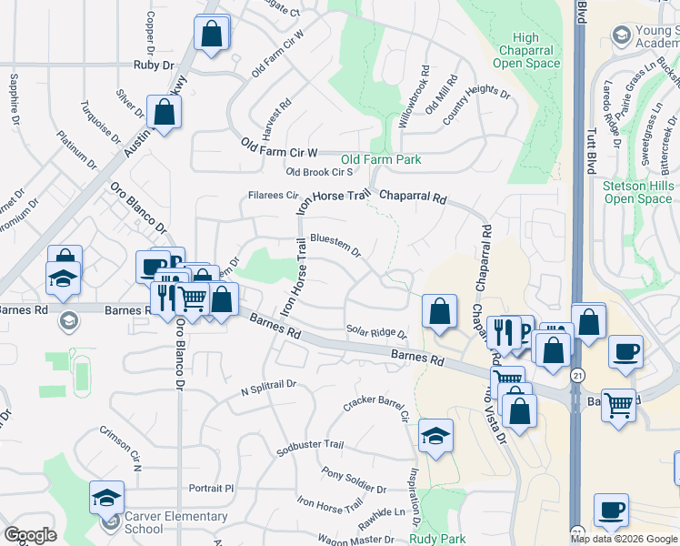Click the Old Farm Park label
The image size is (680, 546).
pos(381,159)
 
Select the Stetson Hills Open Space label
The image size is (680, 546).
pos(636,192)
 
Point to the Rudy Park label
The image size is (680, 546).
pos(437,539)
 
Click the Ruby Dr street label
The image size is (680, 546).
pos(153,65)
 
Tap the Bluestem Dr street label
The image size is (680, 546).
pos(335,244)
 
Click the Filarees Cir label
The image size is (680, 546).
pos(274,195)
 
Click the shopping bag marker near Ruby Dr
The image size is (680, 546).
pos(211,35)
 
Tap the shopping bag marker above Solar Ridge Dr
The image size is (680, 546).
pos(439,311)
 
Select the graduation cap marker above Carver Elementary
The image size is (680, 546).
pos(106,497)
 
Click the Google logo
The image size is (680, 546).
pos(31,535)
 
